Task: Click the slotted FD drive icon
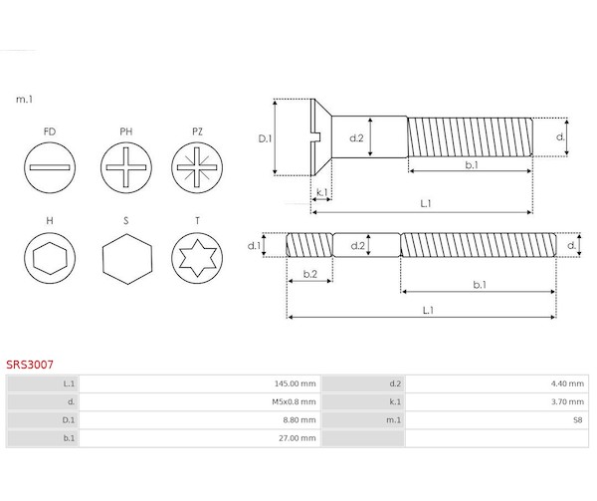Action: coord(50,167)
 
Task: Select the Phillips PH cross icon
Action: coord(126,167)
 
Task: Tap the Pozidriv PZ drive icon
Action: coord(197,167)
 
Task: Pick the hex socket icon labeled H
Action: coord(50,258)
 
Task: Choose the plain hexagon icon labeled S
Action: coord(127,259)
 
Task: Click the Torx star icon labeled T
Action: coord(197,258)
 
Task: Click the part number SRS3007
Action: coord(30,365)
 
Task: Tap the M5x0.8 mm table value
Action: coord(294,402)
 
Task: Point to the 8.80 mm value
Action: coord(299,420)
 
